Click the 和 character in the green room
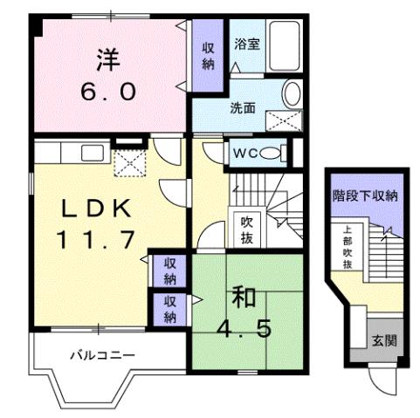[x=244, y=297]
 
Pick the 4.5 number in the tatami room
[x=244, y=329]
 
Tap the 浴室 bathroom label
[x=246, y=43]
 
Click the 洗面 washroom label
[x=243, y=108]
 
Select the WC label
[x=243, y=154]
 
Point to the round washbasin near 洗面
[x=293, y=93]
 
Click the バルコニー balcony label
[x=102, y=356]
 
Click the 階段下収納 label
[x=365, y=195]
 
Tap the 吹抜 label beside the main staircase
[x=247, y=228]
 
